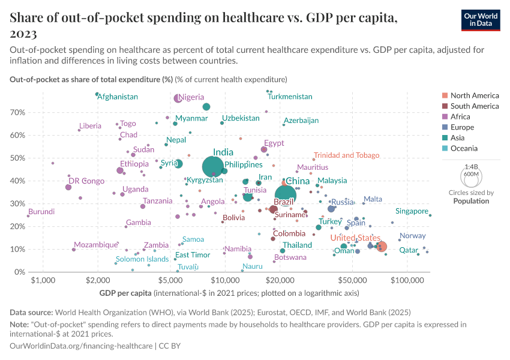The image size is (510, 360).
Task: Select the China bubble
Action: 286,195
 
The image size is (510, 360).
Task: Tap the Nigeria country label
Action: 191,97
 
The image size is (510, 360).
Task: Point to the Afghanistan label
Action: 118,97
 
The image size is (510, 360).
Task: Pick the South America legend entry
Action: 474,106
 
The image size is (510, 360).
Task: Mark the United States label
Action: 356,238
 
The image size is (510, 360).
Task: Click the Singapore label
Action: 412,211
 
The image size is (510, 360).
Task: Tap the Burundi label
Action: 41,212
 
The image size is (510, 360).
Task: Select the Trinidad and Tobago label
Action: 346,155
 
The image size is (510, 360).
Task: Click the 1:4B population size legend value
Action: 471,167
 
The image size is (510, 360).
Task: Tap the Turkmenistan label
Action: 290,97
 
